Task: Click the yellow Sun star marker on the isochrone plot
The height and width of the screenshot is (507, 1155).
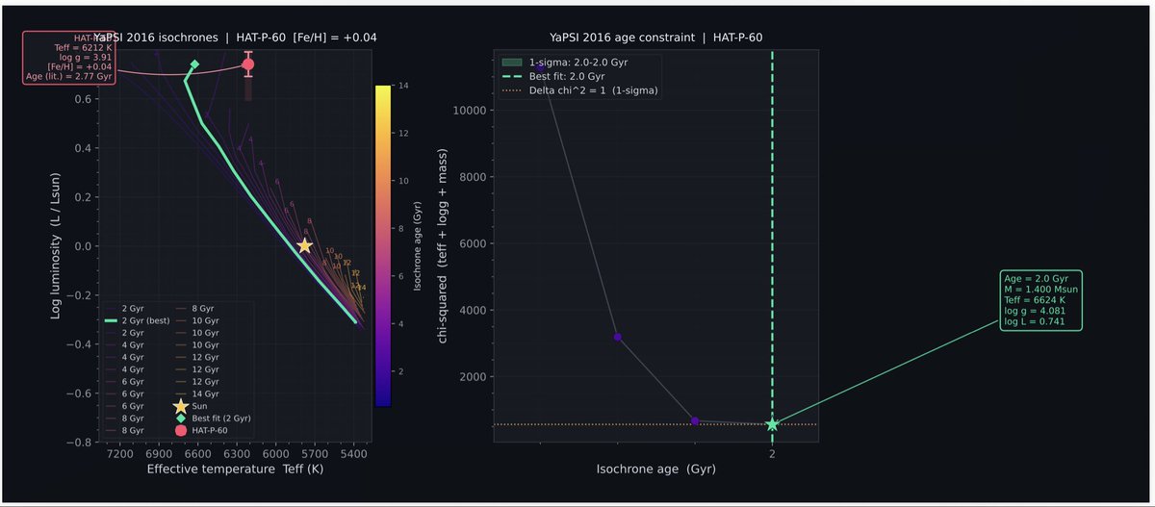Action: coord(304,246)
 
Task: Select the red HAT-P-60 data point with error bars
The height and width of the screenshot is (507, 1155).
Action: coord(248,64)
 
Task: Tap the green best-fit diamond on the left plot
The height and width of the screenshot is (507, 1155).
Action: coord(194,65)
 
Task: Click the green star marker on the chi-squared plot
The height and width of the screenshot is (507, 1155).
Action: coord(772,424)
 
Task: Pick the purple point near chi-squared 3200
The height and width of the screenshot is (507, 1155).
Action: coord(618,337)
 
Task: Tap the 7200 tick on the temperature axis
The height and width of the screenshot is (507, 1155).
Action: coord(120,453)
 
